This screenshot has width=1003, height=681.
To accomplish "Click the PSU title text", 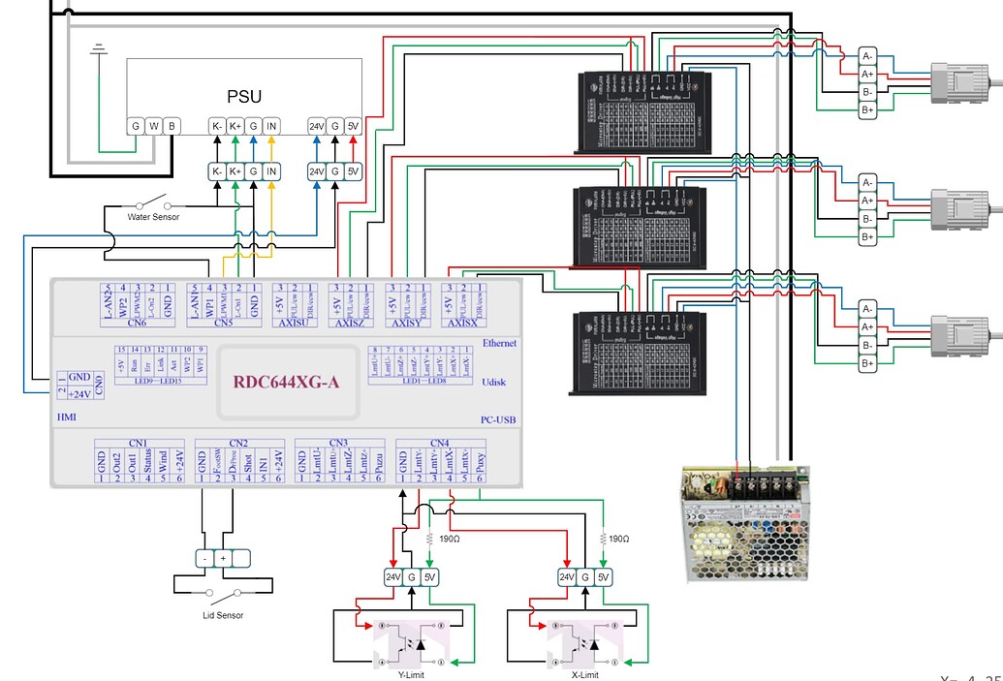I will pyautogui.click(x=244, y=96).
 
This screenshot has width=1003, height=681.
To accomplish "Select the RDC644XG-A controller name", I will pyautogui.click(x=287, y=380).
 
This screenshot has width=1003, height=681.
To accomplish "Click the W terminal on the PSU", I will pyautogui.click(x=154, y=125).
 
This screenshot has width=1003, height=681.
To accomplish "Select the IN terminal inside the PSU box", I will pyautogui.click(x=271, y=125).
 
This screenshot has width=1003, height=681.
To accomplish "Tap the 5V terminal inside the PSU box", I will pyautogui.click(x=354, y=125).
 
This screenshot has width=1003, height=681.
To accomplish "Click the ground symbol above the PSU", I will pyautogui.click(x=98, y=48).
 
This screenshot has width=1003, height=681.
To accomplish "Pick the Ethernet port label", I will pyautogui.click(x=501, y=343).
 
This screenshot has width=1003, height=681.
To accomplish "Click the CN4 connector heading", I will pyautogui.click(x=440, y=443).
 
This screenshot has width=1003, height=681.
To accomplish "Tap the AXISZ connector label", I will pyautogui.click(x=351, y=323).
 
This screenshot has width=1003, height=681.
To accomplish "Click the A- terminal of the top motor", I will pyautogui.click(x=868, y=55).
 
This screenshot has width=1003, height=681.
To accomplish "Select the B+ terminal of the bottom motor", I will pyautogui.click(x=868, y=363).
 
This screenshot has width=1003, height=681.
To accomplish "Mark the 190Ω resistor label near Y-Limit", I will pyautogui.click(x=449, y=539).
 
